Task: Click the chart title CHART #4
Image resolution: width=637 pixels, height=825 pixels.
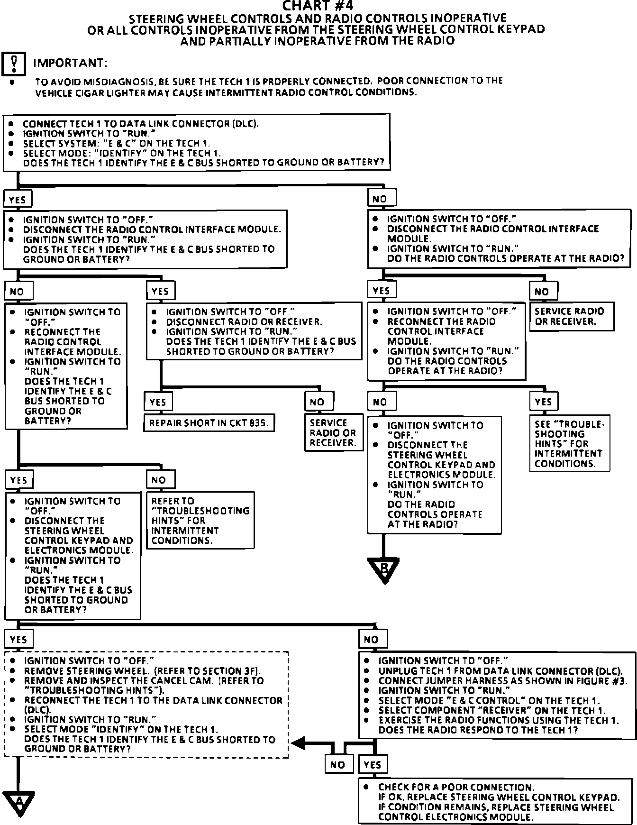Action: [x=318, y=6]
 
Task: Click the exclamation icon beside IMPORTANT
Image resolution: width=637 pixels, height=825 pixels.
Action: [x=14, y=64]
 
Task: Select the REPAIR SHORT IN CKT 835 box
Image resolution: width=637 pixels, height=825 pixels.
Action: [x=209, y=423]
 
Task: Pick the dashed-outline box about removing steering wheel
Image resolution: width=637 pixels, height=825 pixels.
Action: [x=146, y=705]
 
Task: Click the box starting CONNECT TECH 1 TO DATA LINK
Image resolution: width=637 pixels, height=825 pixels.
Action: [x=197, y=143]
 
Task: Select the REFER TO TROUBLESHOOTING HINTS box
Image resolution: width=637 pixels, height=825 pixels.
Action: [x=200, y=521]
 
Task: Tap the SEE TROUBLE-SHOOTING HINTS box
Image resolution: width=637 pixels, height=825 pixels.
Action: [x=569, y=444]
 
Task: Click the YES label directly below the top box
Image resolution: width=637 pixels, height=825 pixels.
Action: [x=18, y=200]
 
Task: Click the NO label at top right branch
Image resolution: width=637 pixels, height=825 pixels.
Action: [x=381, y=199]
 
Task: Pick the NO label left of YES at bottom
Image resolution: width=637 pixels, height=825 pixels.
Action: [x=337, y=764]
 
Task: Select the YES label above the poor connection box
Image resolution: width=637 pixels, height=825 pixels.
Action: [x=373, y=764]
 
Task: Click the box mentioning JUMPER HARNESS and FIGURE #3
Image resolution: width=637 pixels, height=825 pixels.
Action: [x=497, y=695]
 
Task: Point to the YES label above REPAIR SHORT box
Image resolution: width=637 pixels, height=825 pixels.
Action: [x=158, y=402]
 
